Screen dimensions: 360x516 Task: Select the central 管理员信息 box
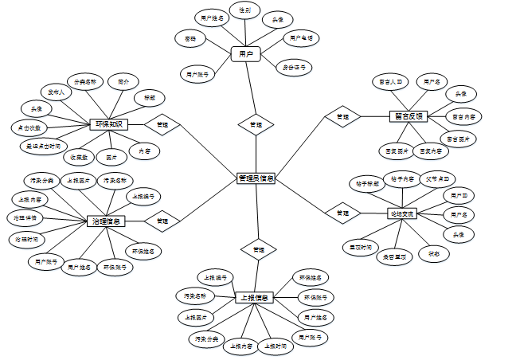click(256, 178)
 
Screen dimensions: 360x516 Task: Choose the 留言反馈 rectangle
click(410, 116)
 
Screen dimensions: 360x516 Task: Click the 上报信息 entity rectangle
click(255, 298)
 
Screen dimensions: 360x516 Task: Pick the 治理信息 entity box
click(106, 221)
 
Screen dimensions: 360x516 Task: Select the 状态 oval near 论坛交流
click(434, 253)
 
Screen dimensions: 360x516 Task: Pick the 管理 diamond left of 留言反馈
click(342, 117)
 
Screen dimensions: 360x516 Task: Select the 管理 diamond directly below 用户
click(256, 125)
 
